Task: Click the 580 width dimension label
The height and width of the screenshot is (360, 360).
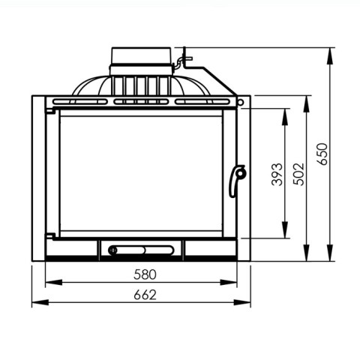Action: pyautogui.click(x=145, y=274)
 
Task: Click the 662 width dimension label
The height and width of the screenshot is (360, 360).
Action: pyautogui.click(x=145, y=295)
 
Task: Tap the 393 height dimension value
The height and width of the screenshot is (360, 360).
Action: pyautogui.click(x=277, y=174)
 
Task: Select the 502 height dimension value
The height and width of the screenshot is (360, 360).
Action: pyautogui.click(x=298, y=174)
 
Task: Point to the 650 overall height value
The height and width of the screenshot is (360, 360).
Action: pyautogui.click(x=322, y=154)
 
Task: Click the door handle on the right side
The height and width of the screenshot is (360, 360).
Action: pyautogui.click(x=237, y=181)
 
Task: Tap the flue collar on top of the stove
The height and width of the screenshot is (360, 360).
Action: pyautogui.click(x=141, y=61)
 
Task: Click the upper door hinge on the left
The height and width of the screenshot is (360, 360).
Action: pyautogui.click(x=49, y=110)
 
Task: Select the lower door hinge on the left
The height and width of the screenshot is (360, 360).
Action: pyautogui.click(x=49, y=235)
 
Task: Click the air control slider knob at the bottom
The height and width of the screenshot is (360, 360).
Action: pyautogui.click(x=113, y=250)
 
